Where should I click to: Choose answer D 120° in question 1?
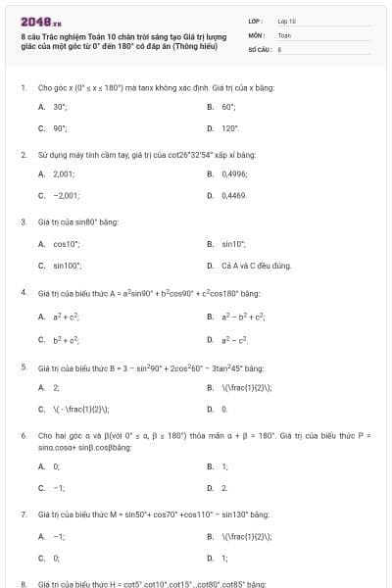tap(229, 128)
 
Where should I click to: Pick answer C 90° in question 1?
tap(59, 128)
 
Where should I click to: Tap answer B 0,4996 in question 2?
tap(233, 173)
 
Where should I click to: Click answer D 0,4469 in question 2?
tap(233, 196)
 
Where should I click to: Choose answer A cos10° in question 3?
tap(66, 243)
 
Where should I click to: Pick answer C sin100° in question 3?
tap(67, 266)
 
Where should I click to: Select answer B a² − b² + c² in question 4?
tap(244, 317)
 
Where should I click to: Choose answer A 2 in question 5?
tap(56, 387)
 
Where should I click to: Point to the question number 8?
tap(23, 583)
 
